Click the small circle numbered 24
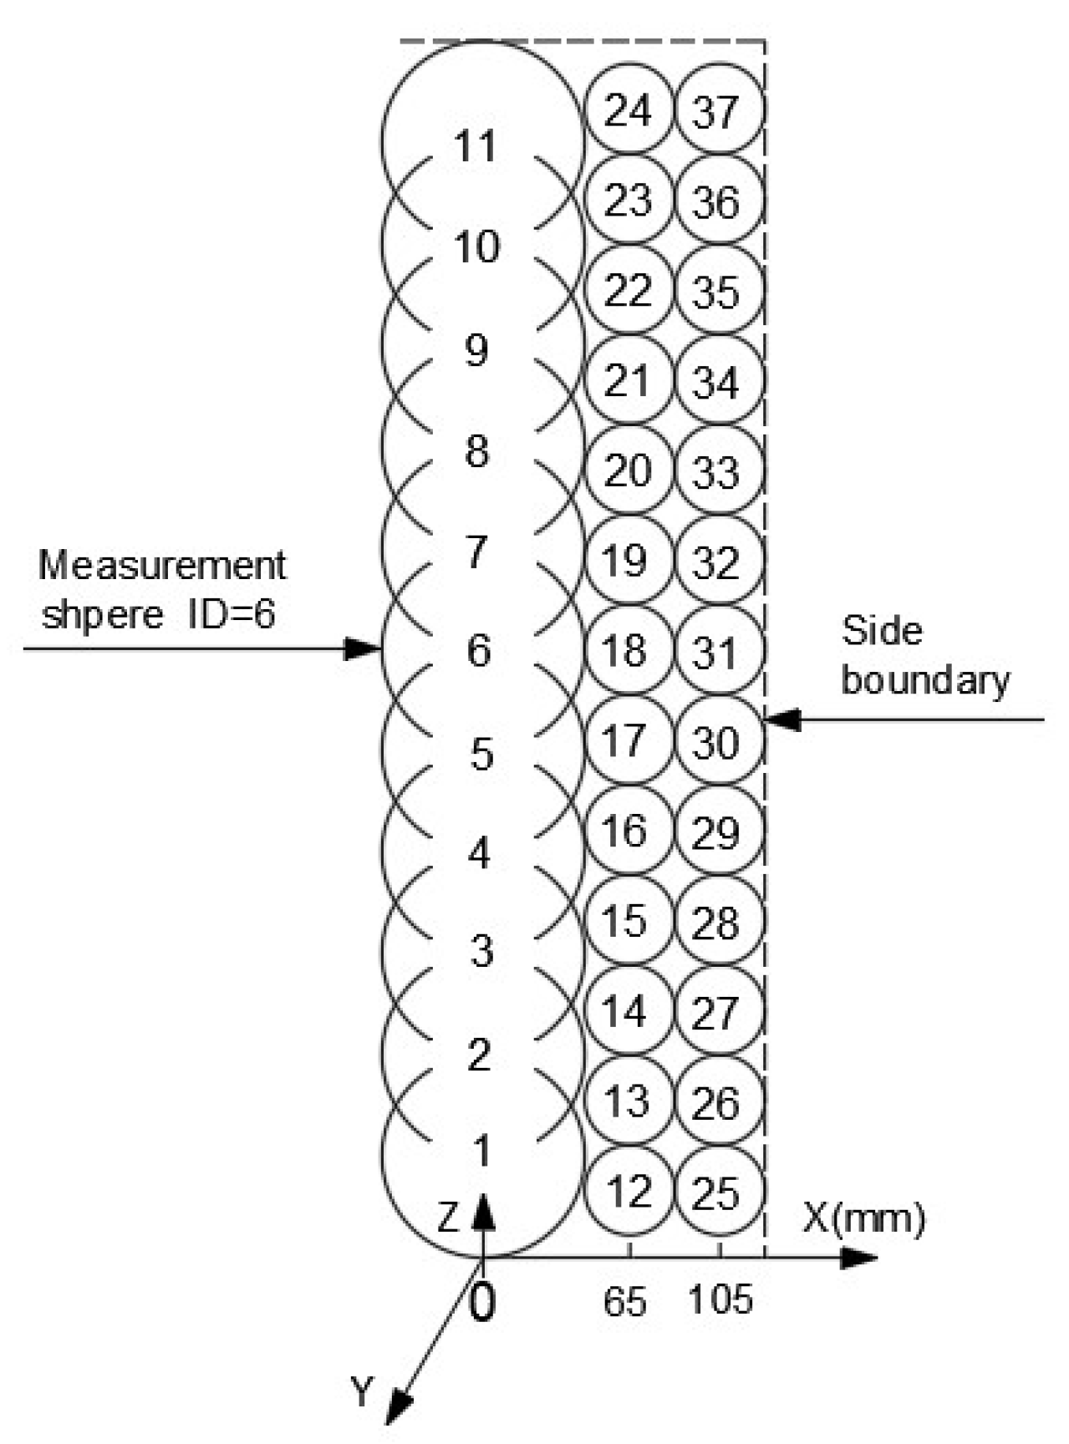629,109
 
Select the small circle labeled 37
718,109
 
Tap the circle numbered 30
718,741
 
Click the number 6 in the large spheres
478,650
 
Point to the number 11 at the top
476,146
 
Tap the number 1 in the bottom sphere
481,1152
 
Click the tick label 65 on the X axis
625,1302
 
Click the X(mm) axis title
864,1219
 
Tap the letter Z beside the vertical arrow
448,1220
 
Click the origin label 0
481,1303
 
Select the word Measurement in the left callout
162,566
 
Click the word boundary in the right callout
925,680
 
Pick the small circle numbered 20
629,470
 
